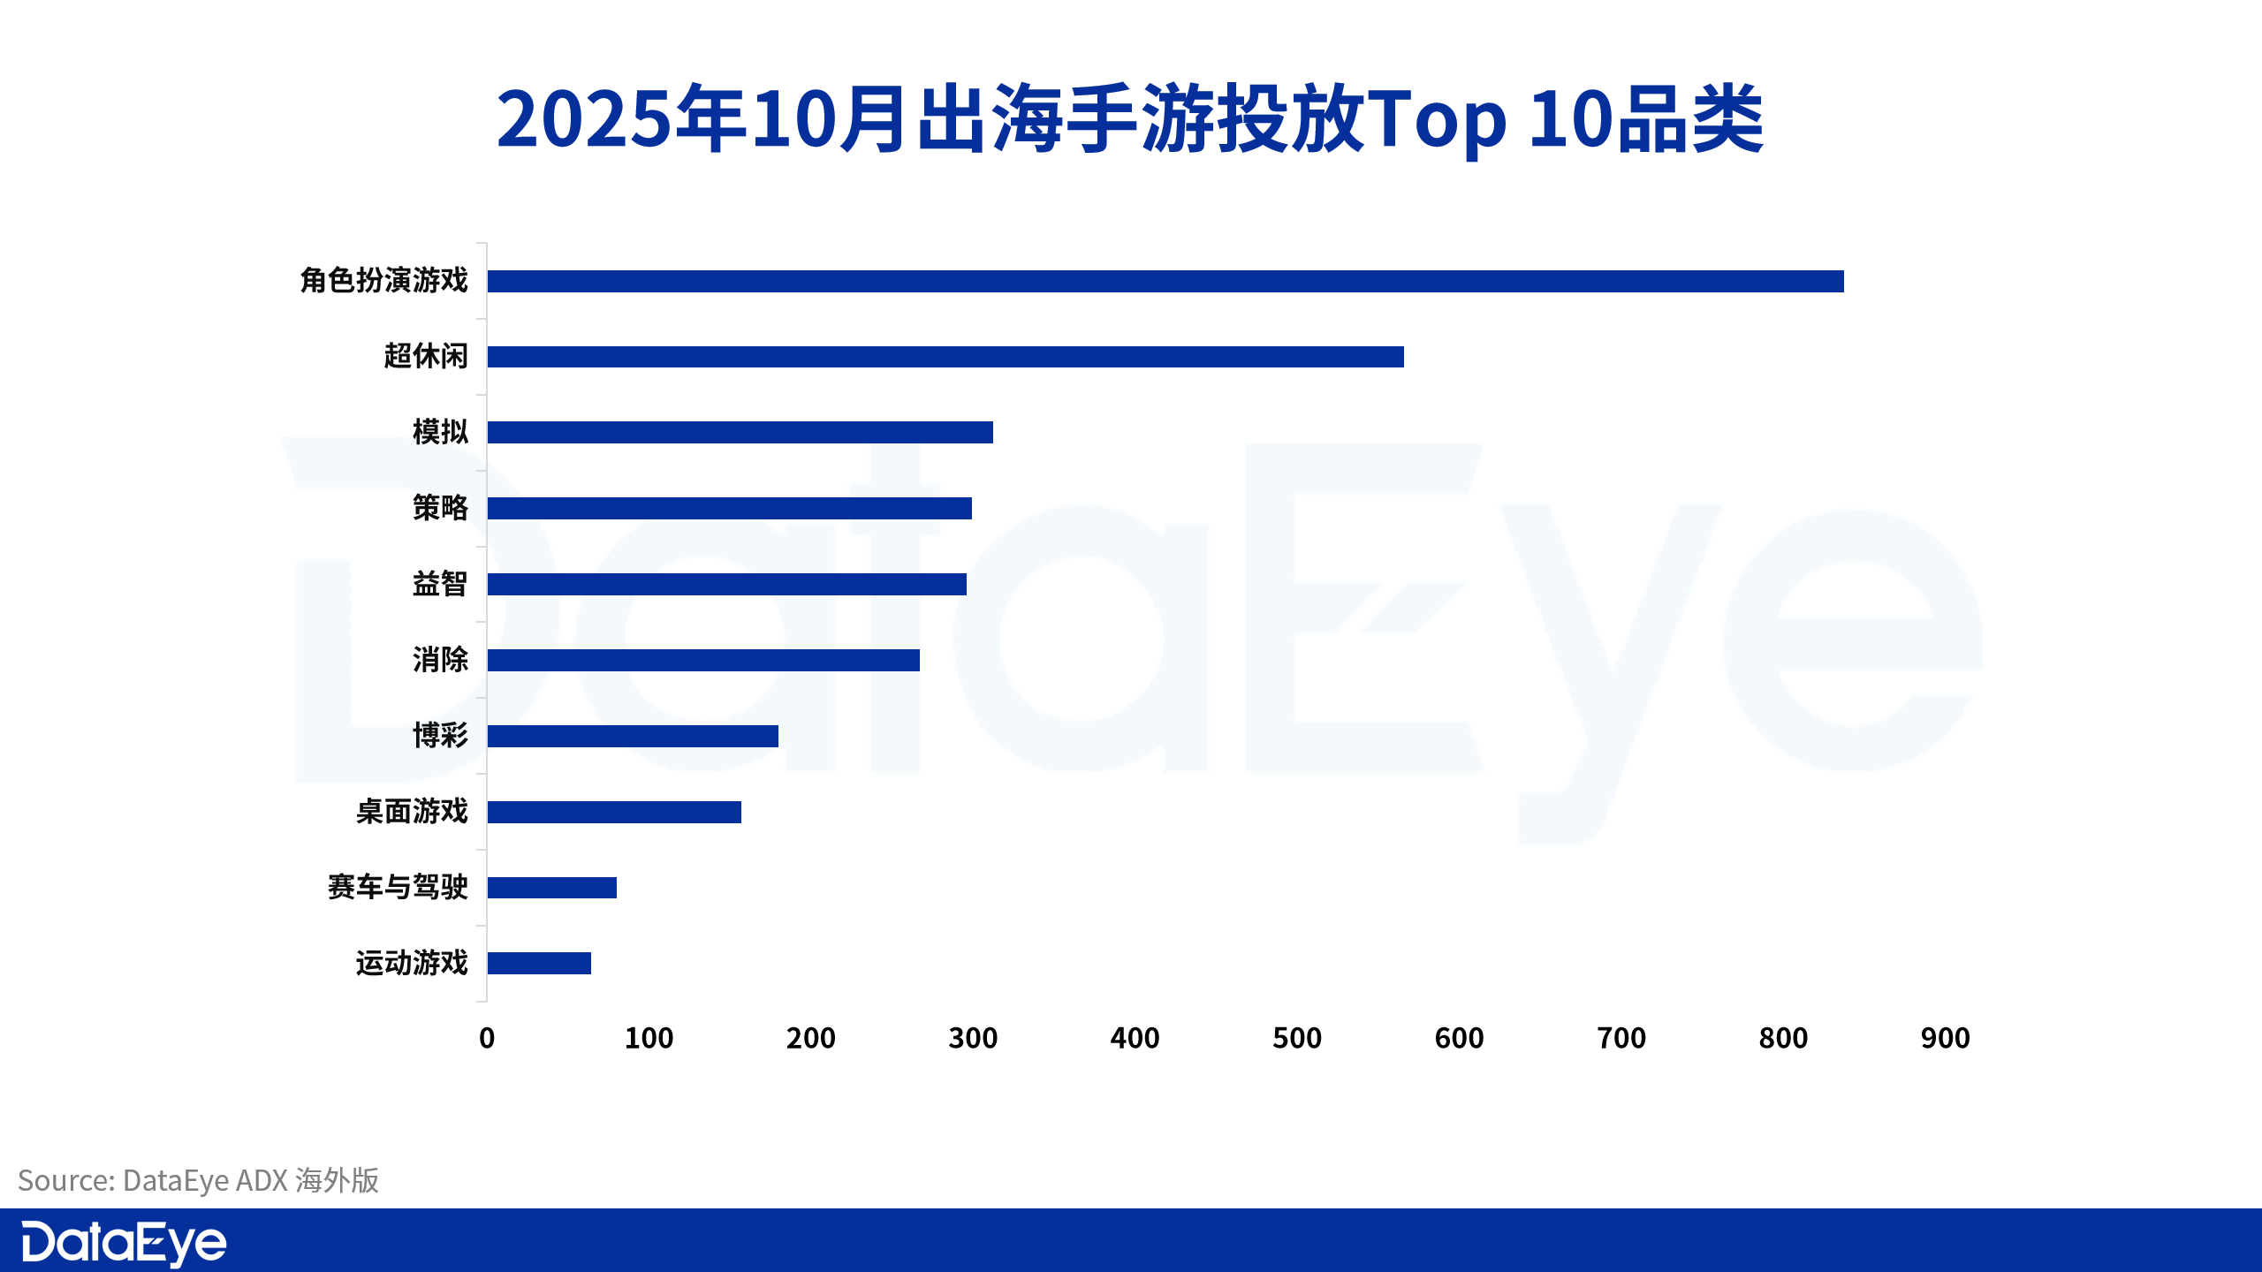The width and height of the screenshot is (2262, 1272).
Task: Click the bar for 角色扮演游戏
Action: click(1165, 281)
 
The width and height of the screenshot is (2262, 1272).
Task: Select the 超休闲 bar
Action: click(945, 357)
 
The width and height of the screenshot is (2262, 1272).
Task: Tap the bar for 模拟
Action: click(740, 433)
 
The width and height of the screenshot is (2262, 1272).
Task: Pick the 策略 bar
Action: click(729, 509)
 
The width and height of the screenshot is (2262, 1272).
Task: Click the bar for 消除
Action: click(703, 661)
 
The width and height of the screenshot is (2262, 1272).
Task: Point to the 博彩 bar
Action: click(633, 737)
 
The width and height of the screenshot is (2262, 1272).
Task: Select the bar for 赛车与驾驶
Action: click(551, 888)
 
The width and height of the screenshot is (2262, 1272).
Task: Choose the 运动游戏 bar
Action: click(539, 964)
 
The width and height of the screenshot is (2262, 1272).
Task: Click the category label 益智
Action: click(439, 584)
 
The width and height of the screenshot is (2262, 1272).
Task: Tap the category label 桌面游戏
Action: click(411, 812)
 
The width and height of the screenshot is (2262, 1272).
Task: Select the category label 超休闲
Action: click(425, 356)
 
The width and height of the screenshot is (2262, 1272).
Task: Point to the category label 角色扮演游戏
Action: click(383, 280)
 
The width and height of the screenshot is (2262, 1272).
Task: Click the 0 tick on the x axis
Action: click(487, 1038)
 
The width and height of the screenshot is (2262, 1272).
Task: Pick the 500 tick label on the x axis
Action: click(1296, 1038)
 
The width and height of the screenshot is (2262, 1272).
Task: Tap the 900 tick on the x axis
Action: click(1945, 1038)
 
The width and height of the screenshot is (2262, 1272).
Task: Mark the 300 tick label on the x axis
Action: click(973, 1038)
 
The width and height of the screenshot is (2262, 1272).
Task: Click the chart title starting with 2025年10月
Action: click(1130, 119)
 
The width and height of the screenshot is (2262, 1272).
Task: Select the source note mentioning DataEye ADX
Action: click(198, 1181)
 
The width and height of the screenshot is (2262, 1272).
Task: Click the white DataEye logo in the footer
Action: click(124, 1243)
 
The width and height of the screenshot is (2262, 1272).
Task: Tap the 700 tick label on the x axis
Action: click(1621, 1038)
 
